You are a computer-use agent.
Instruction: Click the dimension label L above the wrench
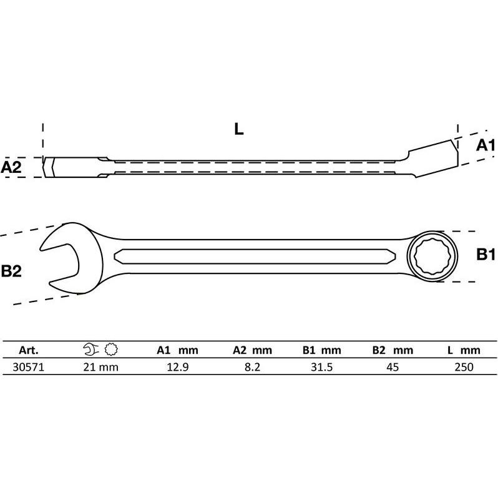pos(238,129)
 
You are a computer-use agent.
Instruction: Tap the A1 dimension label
pos(486,145)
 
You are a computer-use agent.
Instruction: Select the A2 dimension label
pos(11,167)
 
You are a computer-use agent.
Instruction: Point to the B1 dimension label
pos(486,255)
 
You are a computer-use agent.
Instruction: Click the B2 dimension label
pos(11,271)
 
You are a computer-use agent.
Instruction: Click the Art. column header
pos(29,350)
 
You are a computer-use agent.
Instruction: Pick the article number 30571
pos(29,367)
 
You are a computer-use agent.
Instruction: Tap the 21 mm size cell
pos(100,367)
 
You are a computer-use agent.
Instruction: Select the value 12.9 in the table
pos(177,367)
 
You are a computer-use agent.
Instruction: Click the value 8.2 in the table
pos(253,367)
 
